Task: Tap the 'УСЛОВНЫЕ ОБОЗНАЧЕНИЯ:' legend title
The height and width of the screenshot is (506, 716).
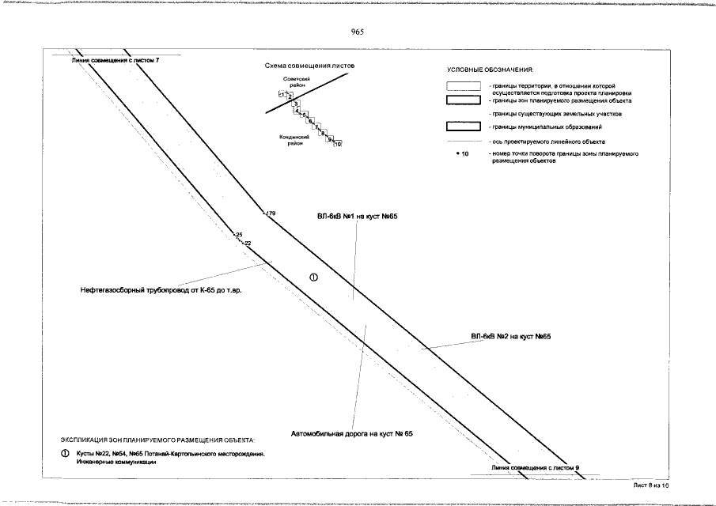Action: (490, 70)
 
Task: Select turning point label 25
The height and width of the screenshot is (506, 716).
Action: (238, 235)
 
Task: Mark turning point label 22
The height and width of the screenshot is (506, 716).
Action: (247, 243)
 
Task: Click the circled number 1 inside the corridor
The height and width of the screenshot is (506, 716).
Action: (313, 277)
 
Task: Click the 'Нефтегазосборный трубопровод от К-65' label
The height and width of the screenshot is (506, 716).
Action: (160, 291)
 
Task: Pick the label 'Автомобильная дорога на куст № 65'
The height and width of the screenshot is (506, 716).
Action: (352, 434)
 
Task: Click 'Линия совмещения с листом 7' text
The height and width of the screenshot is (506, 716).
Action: (115, 60)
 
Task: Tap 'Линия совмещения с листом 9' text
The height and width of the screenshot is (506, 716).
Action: (535, 469)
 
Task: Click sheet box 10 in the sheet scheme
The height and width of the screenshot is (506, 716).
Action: (338, 144)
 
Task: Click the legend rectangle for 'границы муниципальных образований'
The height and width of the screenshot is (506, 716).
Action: (464, 126)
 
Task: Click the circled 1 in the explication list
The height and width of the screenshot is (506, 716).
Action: (66, 454)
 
